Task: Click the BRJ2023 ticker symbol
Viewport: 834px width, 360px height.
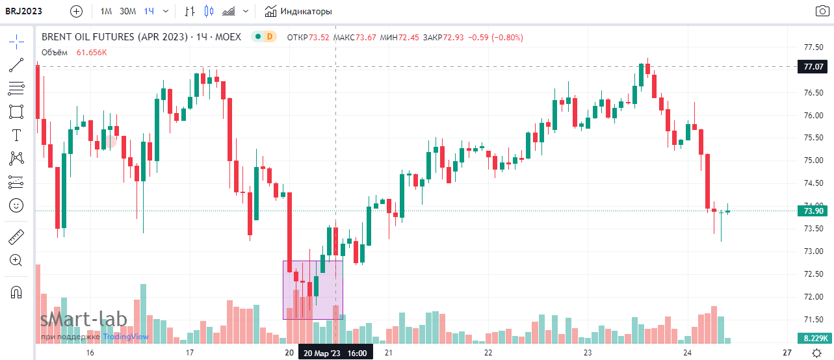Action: tap(24, 11)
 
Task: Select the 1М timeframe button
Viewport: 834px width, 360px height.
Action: tap(106, 11)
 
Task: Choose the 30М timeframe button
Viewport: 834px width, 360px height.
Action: tap(127, 11)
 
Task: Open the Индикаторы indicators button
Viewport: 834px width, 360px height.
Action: tap(298, 11)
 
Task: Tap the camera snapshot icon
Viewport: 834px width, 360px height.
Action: tap(822, 11)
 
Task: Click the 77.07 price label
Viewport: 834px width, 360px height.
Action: tap(814, 66)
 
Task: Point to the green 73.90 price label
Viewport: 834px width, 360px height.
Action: tap(814, 211)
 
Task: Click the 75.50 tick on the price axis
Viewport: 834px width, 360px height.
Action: tap(814, 138)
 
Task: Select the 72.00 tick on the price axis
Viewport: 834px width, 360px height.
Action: tap(814, 297)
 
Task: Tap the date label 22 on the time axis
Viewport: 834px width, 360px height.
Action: tap(488, 353)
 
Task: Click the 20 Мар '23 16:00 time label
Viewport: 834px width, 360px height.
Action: tap(335, 353)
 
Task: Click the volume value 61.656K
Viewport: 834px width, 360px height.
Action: tap(92, 53)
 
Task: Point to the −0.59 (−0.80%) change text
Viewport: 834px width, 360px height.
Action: tap(496, 37)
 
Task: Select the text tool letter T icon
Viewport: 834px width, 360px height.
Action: tap(16, 135)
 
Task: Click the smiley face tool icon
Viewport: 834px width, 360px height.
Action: tap(16, 205)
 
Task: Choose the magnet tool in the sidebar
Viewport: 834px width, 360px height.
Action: tap(16, 292)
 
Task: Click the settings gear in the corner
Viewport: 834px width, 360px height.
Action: tap(816, 352)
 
